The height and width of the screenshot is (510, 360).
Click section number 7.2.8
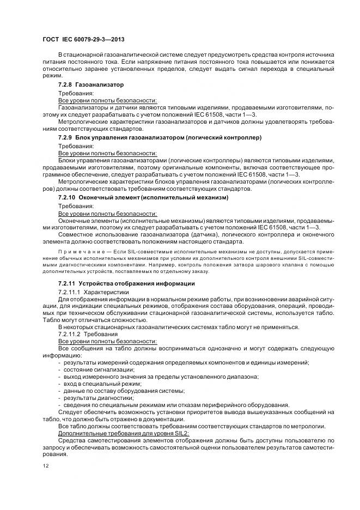[x=66, y=85]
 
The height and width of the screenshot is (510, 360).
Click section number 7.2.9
[x=66, y=138]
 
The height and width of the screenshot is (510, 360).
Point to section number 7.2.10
[x=68, y=197]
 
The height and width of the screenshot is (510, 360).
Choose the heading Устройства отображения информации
[x=137, y=284]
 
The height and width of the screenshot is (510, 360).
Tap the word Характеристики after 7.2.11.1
[x=107, y=292]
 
